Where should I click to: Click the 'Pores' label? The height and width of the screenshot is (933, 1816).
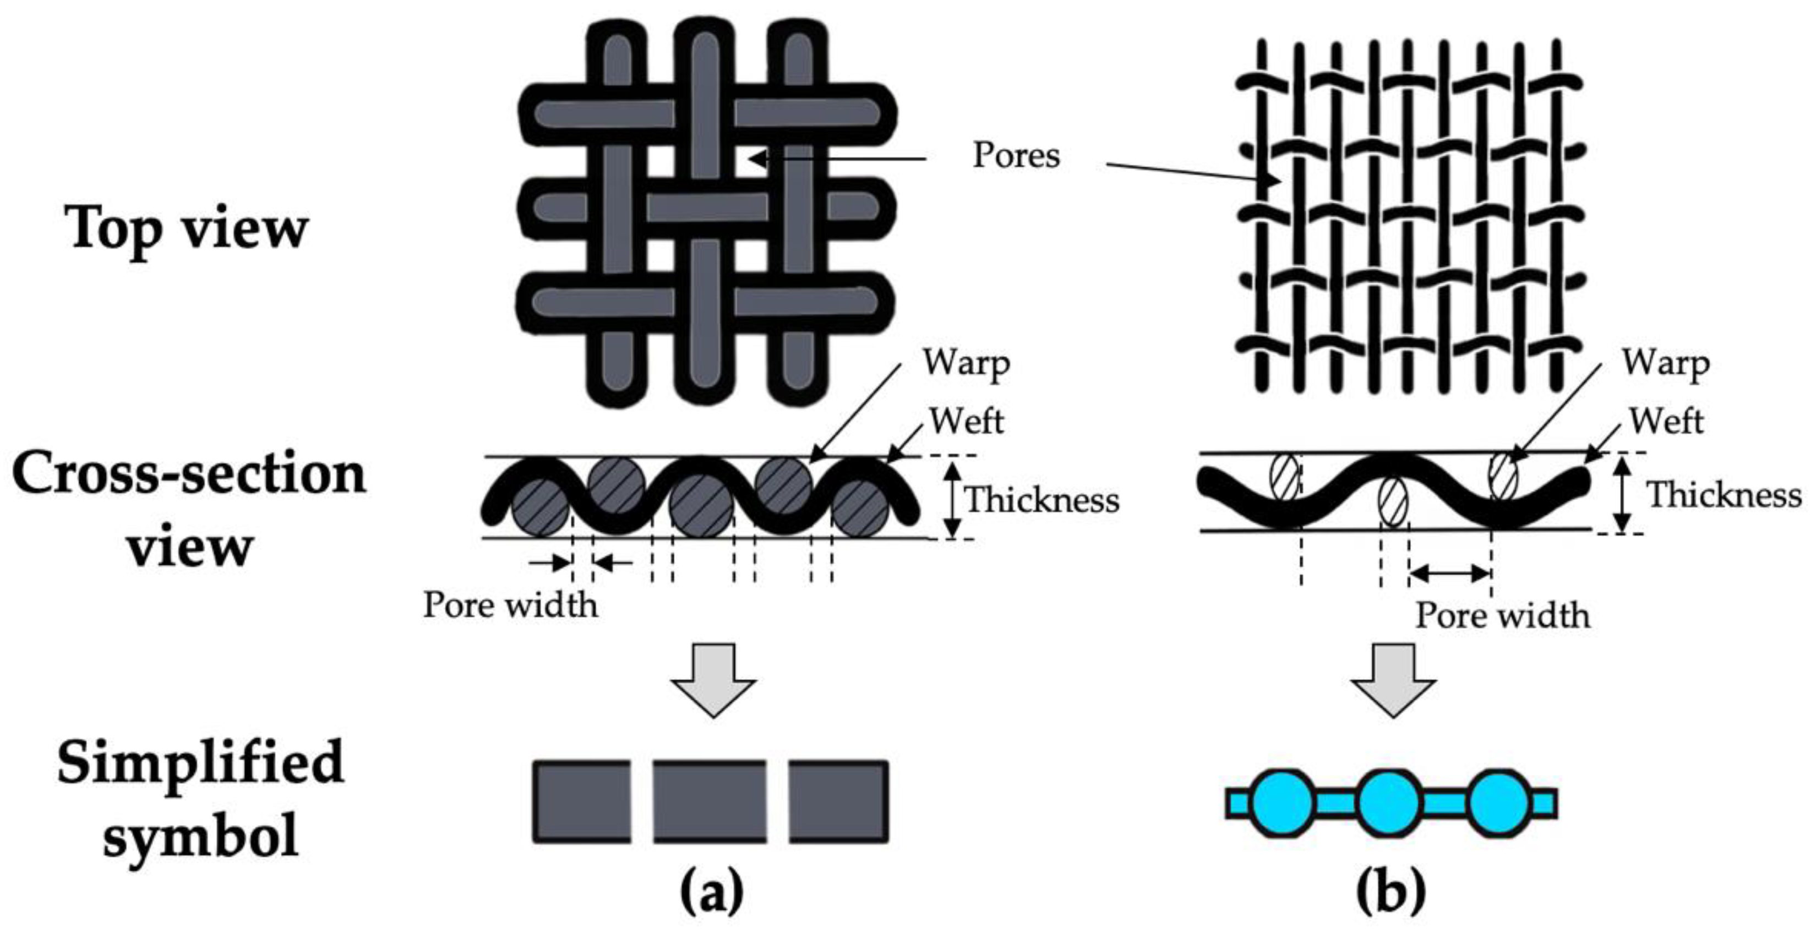click(x=1016, y=155)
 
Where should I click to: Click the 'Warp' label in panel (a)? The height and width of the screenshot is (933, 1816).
click(x=967, y=364)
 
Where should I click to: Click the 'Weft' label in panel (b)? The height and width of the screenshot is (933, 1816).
click(x=1666, y=422)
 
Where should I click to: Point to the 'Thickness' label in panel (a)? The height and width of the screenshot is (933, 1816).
click(x=1042, y=500)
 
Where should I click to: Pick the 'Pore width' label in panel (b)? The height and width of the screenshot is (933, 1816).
click(x=1502, y=615)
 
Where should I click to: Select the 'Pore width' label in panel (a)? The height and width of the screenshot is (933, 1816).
click(x=510, y=604)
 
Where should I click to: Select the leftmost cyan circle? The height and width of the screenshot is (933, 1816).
click(x=1283, y=803)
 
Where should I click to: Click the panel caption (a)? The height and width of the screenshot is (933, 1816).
click(x=712, y=891)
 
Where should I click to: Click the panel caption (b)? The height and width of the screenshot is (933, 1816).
click(x=1391, y=891)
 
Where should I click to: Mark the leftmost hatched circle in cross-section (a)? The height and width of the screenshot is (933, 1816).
click(x=540, y=508)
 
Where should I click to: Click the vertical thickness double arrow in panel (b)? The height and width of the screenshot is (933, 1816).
click(x=1622, y=494)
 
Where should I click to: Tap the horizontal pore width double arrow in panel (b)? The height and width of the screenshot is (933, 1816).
click(x=1449, y=574)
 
